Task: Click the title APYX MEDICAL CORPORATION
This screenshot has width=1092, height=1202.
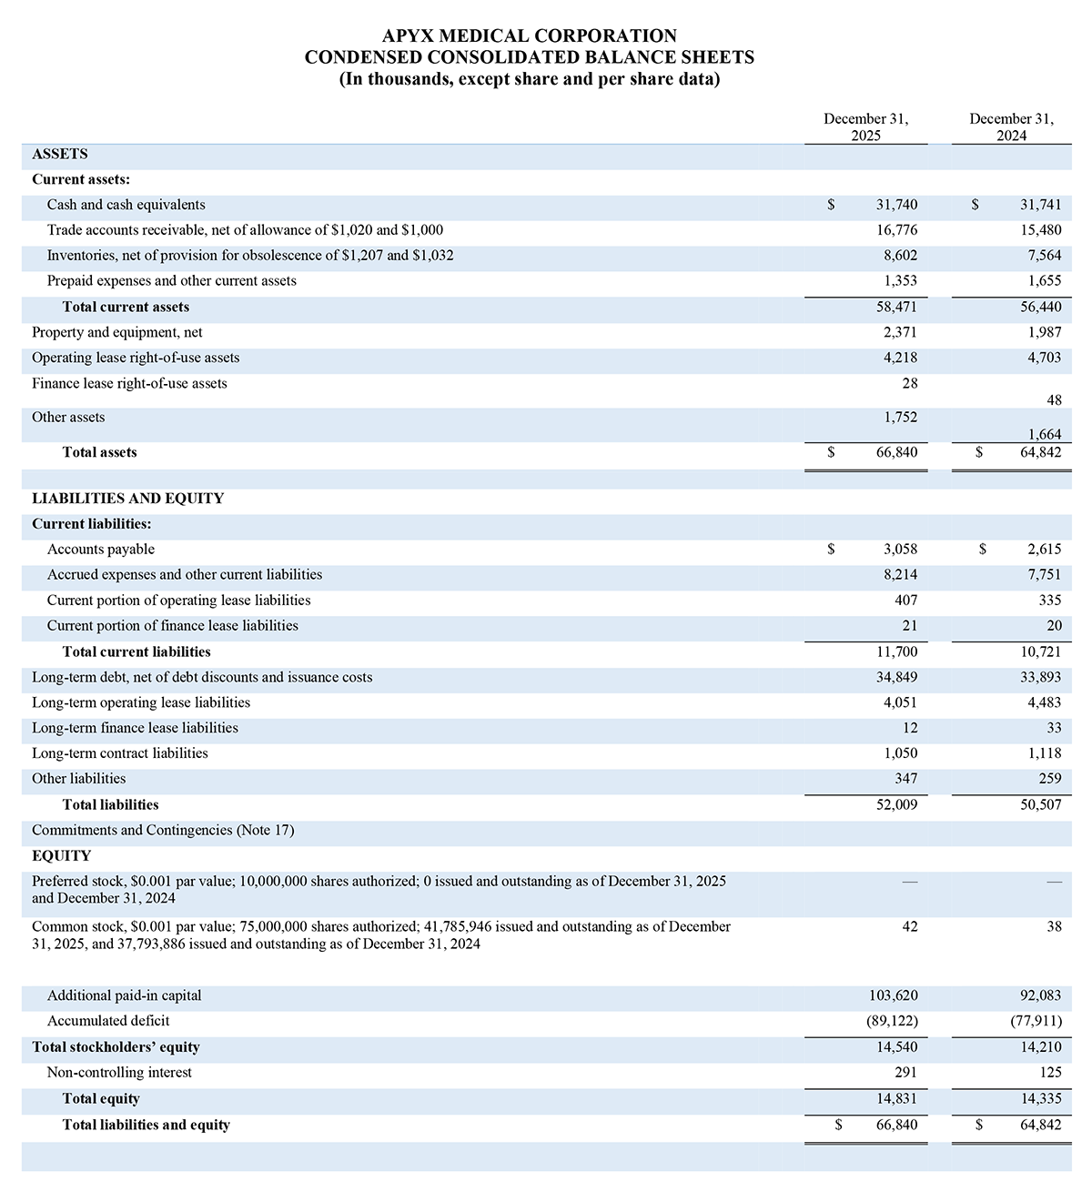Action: (x=529, y=36)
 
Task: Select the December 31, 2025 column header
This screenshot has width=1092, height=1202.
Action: (x=865, y=127)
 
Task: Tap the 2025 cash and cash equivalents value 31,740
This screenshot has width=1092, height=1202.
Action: (x=896, y=206)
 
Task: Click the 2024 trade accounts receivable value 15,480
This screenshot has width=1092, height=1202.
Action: (x=1040, y=231)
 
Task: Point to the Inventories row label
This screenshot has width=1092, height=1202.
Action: (x=250, y=257)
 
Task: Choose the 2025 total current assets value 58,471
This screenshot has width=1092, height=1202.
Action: (x=896, y=308)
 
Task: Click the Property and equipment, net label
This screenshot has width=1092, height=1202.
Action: (x=117, y=333)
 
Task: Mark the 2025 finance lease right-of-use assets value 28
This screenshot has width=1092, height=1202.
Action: (x=909, y=384)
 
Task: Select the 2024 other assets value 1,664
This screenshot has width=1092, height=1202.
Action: (x=1044, y=435)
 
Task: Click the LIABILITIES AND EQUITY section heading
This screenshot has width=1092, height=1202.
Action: (x=127, y=499)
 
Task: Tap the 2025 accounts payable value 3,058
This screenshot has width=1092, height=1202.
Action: (x=900, y=550)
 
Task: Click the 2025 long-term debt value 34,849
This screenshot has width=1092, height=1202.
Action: (x=896, y=677)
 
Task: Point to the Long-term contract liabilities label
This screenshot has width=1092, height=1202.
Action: (x=120, y=753)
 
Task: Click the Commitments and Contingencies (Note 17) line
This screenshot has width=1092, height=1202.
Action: (x=163, y=830)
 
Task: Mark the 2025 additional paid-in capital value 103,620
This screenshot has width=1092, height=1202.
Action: (x=894, y=995)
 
